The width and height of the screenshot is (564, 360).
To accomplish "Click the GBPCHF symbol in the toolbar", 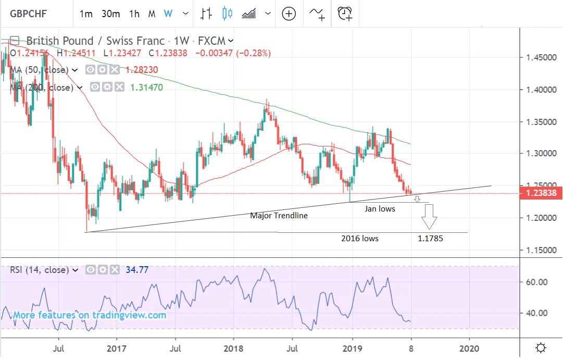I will click(x=30, y=14).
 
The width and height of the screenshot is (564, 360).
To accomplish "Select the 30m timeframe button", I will click(x=110, y=14).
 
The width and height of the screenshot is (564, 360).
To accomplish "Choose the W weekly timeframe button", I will click(x=168, y=14).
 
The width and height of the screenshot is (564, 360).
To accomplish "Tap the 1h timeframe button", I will click(x=134, y=14).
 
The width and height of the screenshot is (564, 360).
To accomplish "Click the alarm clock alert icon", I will click(x=345, y=14).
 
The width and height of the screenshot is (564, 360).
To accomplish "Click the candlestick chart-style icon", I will click(x=227, y=14).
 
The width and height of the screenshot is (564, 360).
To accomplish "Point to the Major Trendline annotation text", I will click(x=279, y=215).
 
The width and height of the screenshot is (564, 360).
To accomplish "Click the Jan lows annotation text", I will click(x=379, y=208).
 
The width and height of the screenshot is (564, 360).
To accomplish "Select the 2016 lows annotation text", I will click(x=360, y=239).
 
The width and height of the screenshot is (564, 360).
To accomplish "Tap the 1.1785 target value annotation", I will click(x=431, y=239).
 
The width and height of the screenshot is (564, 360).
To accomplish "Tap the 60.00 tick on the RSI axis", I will click(x=536, y=282).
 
